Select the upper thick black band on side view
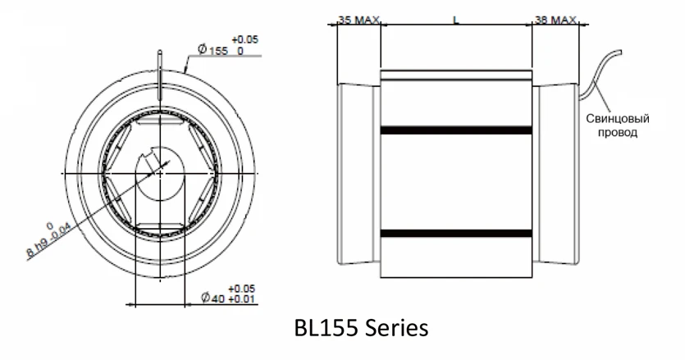click(x=456, y=130)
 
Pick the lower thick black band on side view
click(x=456, y=234)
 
